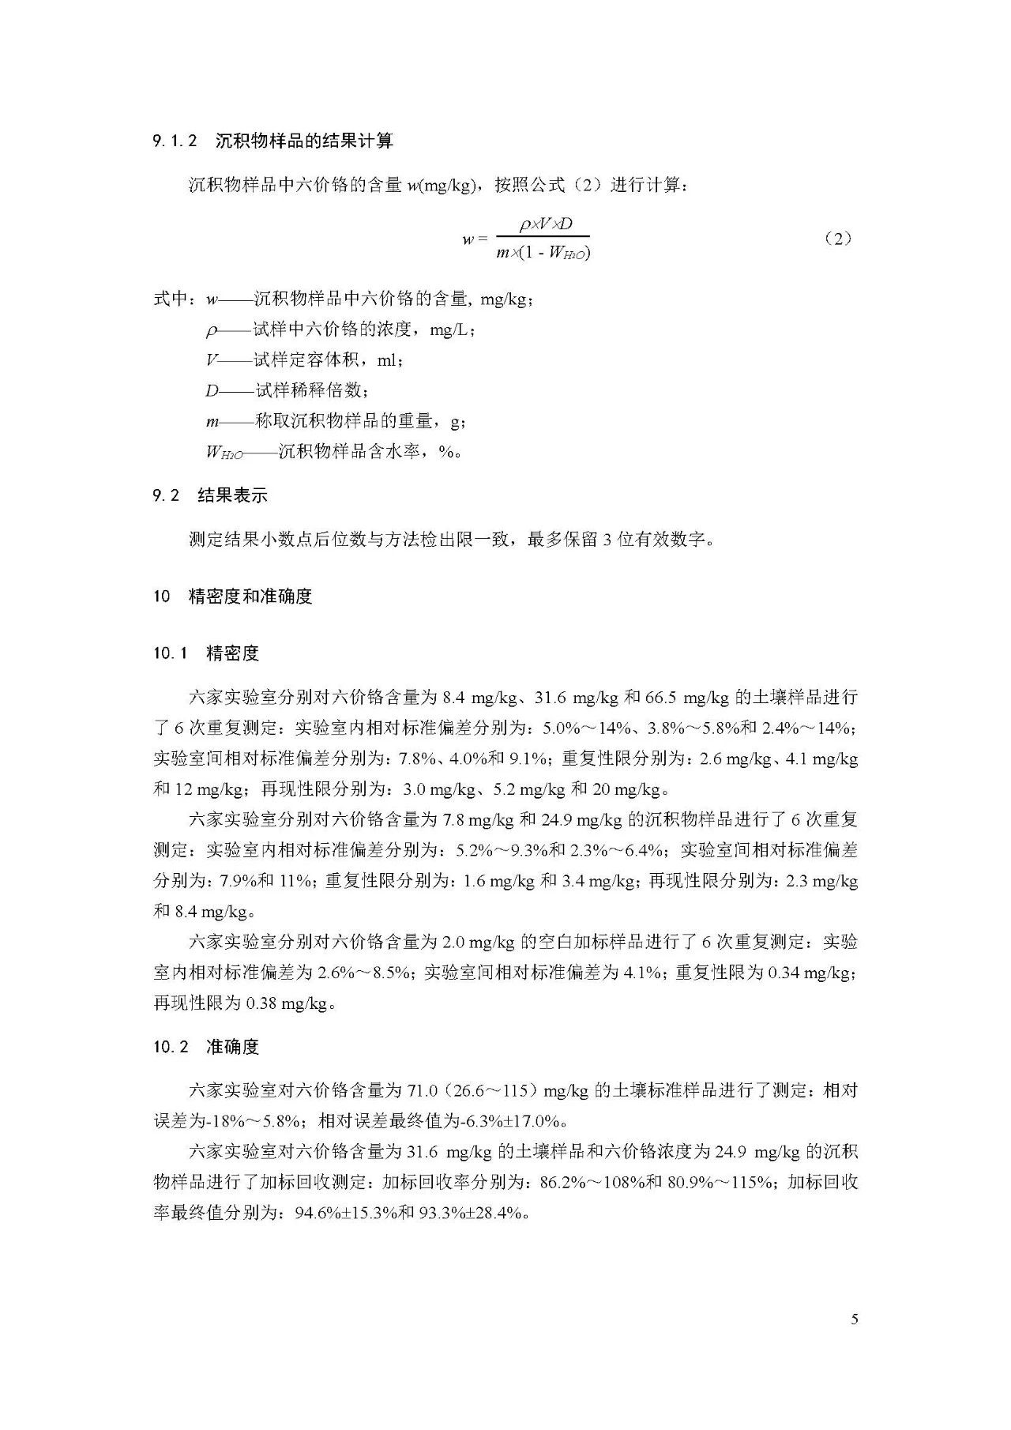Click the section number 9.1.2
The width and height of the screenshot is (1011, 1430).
click(x=175, y=141)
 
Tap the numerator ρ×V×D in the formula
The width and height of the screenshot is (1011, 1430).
click(x=545, y=224)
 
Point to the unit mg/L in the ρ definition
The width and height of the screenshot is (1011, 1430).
click(x=452, y=329)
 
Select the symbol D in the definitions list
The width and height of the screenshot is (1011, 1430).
click(x=212, y=390)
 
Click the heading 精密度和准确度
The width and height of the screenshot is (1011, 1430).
click(x=251, y=596)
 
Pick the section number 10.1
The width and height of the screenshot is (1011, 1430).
click(x=170, y=653)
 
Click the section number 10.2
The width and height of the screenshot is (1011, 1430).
click(x=171, y=1048)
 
